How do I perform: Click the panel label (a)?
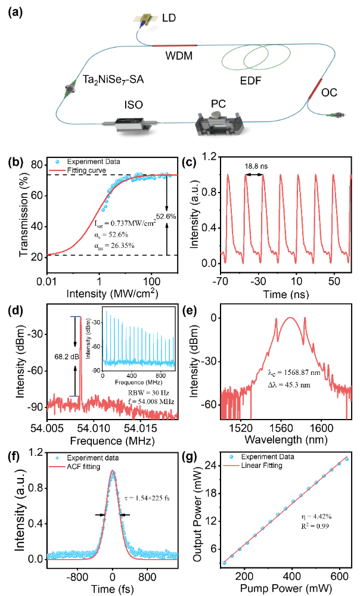[15, 13]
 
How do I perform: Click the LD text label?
[169, 19]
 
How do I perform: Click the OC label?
[329, 93]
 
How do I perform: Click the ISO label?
[134, 105]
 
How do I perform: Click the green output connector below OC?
[342, 115]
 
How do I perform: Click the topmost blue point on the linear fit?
[347, 459]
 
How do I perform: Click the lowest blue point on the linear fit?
[225, 563]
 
